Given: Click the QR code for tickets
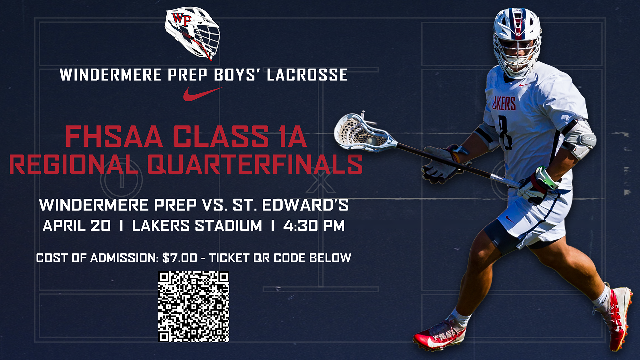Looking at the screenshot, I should tap(194, 307).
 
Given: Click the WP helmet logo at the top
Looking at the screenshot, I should tap(192, 33).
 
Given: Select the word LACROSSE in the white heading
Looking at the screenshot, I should tap(307, 75).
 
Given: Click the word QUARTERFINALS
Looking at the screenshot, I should tap(255, 164).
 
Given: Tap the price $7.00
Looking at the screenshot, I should tap(180, 258).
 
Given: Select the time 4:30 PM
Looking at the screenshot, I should tap(314, 226).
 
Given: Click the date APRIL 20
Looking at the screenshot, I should tap(77, 226).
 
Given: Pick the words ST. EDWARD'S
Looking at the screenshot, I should tap(290, 205).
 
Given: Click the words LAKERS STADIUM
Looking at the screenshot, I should tap(197, 226).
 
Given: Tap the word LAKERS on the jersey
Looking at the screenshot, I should tap(504, 104).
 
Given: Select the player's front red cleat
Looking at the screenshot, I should tap(439, 335).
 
